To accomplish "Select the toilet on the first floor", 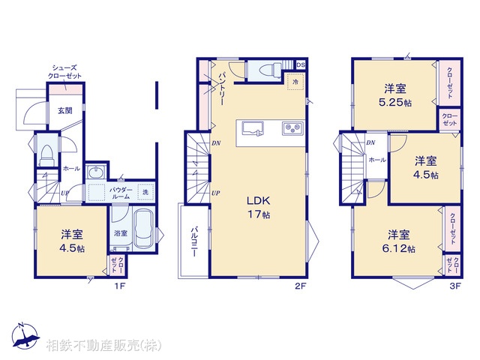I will click(46, 155).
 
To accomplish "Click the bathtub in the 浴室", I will click(143, 231).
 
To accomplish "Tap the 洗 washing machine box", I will click(146, 192).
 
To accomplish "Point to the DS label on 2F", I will click(300, 65).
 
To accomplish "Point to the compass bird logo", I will click(25, 337).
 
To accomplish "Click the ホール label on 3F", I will click(377, 160).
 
